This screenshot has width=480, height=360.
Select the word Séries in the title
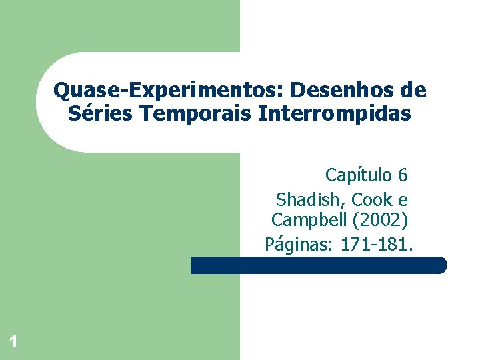tap(100, 114)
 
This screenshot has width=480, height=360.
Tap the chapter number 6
tap(402, 175)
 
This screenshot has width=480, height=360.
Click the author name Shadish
tap(308, 199)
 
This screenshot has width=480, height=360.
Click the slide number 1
tap(13, 343)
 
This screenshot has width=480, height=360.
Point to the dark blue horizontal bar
tap(317, 265)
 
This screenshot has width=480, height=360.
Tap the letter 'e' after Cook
tap(402, 199)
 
